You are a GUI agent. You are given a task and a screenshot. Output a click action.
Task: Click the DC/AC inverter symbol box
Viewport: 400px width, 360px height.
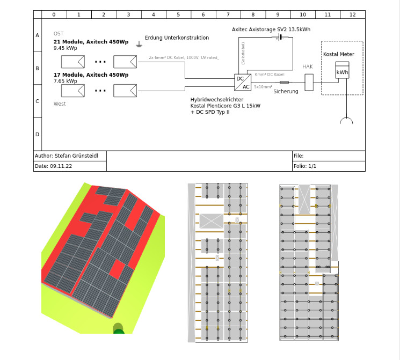point(243,82)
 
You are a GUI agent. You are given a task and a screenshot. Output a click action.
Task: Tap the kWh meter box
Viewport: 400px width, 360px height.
point(342,72)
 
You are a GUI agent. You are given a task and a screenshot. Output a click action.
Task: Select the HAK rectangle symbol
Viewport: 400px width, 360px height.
point(309,82)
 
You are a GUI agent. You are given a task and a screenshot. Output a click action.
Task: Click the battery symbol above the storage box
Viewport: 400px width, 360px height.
point(279,38)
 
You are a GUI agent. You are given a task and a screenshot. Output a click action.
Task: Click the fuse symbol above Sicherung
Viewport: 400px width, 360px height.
point(284,82)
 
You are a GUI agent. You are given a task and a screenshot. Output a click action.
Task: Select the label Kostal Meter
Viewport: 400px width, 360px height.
point(338,54)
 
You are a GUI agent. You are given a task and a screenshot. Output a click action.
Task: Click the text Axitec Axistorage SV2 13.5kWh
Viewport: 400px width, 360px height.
point(271,30)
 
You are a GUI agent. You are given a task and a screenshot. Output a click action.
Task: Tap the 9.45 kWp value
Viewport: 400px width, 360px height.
point(66,48)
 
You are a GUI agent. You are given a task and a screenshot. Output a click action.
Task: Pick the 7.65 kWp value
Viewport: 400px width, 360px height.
point(66,81)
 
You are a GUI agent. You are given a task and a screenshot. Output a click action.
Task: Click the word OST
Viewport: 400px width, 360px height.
point(59,34)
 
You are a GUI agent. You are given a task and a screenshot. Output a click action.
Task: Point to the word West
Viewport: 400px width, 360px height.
point(60,104)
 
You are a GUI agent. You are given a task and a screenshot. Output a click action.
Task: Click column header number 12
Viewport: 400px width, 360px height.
point(352,15)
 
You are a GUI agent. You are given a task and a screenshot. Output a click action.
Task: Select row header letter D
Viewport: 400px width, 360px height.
point(37,134)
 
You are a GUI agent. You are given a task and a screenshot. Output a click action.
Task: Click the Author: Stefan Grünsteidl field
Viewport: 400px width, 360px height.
point(69,156)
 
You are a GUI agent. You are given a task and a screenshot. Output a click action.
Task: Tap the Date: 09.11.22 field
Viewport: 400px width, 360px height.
point(57,166)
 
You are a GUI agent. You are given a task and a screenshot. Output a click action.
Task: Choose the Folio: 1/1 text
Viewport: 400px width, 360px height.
point(305,166)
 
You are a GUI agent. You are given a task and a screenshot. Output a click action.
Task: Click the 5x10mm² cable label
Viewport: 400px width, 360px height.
point(264,86)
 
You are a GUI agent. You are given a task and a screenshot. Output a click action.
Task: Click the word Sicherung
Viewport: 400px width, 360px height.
point(285,92)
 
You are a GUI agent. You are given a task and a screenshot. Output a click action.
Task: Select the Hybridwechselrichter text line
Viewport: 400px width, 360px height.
point(217,100)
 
